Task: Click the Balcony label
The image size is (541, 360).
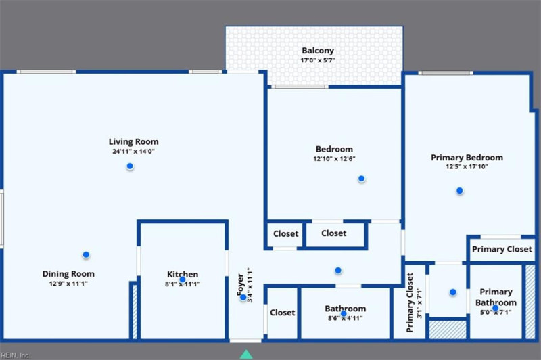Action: [317, 51]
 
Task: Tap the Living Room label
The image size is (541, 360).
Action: [134, 142]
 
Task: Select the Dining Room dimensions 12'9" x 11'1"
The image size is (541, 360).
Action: [68, 284]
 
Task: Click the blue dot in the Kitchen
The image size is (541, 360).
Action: [182, 279]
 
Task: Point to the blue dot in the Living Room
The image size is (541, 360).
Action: [130, 167]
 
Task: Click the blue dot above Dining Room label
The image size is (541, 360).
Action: [86, 254]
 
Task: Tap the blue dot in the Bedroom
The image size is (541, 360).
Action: [361, 179]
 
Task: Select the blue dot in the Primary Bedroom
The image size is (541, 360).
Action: [459, 191]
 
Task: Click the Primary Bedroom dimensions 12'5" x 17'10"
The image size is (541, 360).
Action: [467, 167]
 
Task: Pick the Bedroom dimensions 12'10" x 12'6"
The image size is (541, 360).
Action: [334, 158]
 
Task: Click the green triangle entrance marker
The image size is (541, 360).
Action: [246, 353]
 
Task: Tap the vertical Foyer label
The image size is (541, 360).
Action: [240, 286]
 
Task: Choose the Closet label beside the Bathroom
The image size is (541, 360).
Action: [282, 313]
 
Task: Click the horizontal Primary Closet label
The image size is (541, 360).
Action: [502, 249]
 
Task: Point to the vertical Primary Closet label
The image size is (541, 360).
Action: [410, 302]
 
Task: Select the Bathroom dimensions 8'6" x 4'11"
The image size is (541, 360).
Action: [345, 317]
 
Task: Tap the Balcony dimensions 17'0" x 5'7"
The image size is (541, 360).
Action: [317, 60]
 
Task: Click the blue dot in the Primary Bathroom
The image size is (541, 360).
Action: [495, 308]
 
